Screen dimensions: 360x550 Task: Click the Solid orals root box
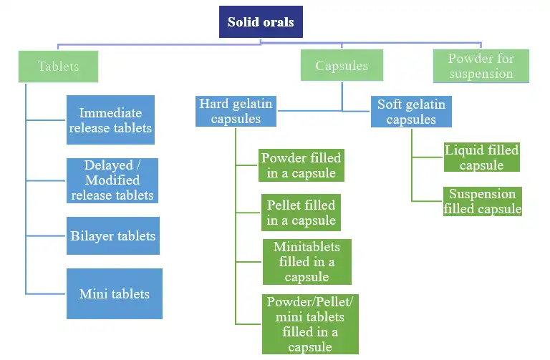tap(261, 22)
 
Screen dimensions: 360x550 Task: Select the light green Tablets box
tap(58, 67)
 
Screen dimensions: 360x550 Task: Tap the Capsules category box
tap(342, 66)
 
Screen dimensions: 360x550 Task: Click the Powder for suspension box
tap(481, 66)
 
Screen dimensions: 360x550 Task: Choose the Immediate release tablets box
tap(110, 120)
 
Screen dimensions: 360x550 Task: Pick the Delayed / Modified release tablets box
tap(112, 180)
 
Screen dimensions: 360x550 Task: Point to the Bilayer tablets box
tap(113, 235)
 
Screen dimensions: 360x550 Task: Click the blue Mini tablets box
tap(115, 293)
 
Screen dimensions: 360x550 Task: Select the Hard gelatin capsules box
tap(236, 112)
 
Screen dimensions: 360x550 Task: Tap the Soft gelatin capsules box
tap(411, 112)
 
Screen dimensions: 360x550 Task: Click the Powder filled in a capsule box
tap(301, 165)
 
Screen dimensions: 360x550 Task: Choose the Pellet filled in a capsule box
tap(301, 213)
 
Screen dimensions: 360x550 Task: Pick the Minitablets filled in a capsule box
tap(307, 261)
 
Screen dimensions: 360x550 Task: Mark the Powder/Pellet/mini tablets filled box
tap(309, 323)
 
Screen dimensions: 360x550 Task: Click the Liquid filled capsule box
tap(481, 157)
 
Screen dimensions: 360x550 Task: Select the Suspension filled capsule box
tap(482, 201)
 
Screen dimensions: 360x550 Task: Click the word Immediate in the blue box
tap(110, 112)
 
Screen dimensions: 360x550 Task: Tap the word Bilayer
tap(92, 235)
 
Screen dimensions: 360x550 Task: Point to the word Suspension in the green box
tap(482, 194)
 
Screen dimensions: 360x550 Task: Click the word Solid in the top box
tap(243, 22)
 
